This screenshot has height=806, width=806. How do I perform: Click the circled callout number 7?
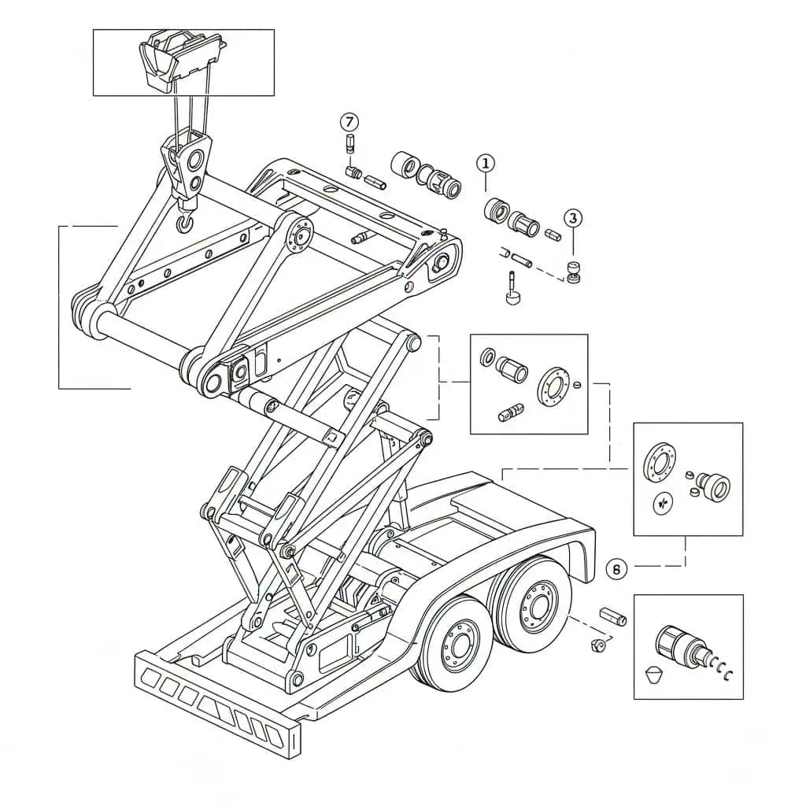[x=349, y=122]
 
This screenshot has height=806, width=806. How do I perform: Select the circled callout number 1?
[x=485, y=164]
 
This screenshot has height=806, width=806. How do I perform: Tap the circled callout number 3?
[x=573, y=218]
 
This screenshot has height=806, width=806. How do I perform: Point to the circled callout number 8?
[x=616, y=569]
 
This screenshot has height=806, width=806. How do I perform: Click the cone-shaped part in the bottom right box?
[x=653, y=674]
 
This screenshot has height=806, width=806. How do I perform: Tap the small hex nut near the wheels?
[x=597, y=645]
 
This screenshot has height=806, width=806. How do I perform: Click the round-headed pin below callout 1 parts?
[x=512, y=291]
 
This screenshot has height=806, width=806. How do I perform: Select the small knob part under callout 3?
[x=573, y=272]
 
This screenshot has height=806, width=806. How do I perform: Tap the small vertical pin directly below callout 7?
[x=349, y=143]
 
